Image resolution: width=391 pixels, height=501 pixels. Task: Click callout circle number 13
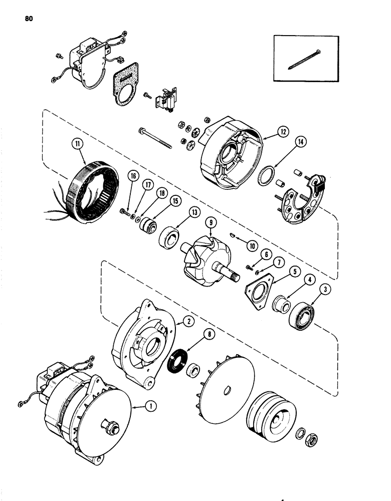193,212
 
